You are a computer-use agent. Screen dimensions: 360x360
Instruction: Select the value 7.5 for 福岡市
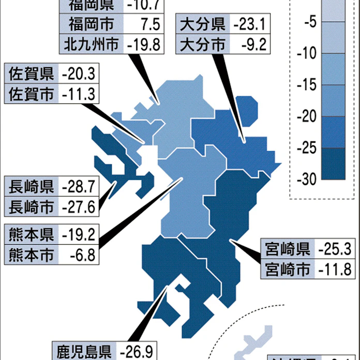click(146, 24)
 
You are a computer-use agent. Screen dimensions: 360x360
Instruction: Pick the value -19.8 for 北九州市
click(143, 43)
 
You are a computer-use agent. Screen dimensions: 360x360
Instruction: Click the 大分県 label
click(203, 24)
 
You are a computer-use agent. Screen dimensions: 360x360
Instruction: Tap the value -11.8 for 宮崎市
click(334, 269)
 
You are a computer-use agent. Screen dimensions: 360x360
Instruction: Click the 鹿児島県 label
click(83, 352)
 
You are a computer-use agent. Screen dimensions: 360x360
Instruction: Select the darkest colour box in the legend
click(336, 163)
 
